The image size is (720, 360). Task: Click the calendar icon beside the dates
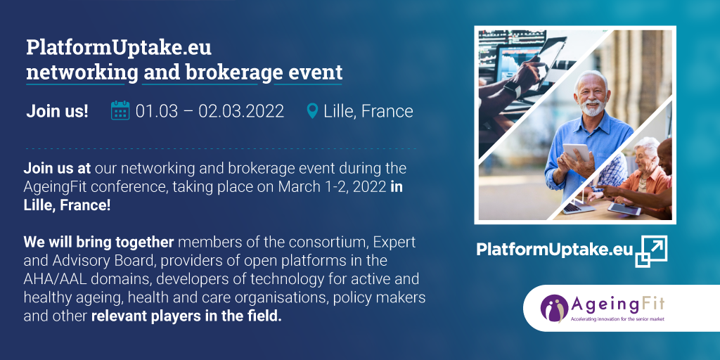120,110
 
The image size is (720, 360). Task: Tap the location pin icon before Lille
312,110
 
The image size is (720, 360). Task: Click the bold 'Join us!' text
58,111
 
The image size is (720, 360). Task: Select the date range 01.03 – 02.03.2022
210,111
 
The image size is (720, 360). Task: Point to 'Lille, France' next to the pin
368,111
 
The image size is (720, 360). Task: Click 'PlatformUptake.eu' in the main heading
118,49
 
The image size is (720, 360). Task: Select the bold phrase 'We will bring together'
98,242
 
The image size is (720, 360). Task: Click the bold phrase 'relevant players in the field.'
186,316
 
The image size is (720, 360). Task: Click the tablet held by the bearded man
576,153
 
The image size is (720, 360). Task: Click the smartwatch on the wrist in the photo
512,89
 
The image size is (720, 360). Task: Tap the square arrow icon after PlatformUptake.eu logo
651,251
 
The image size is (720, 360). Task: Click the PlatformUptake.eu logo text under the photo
555,250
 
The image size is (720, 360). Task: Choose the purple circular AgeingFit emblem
554,308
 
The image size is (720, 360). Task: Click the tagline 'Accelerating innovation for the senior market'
617,319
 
